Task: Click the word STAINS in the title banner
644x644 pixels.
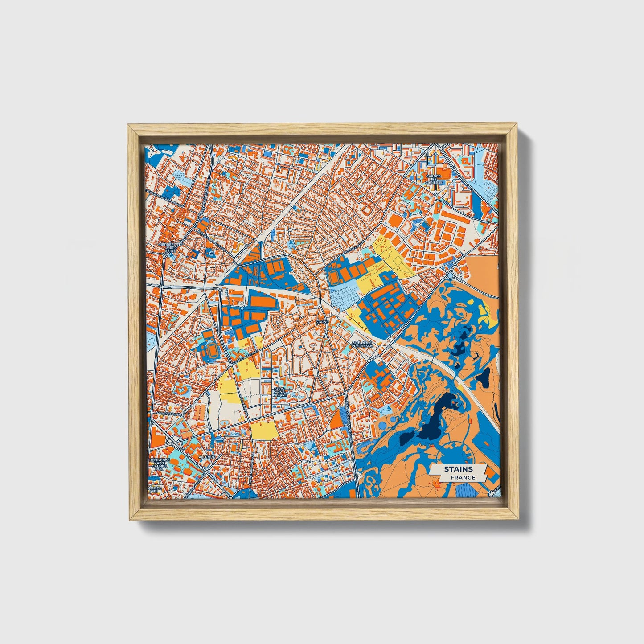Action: point(458,469)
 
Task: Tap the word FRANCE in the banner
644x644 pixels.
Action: point(462,478)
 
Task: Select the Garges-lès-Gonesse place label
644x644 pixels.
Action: point(434,179)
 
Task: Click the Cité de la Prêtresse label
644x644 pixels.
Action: point(362,344)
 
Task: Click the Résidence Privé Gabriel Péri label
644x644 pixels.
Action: point(159,464)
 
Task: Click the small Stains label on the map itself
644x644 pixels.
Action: point(321,321)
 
